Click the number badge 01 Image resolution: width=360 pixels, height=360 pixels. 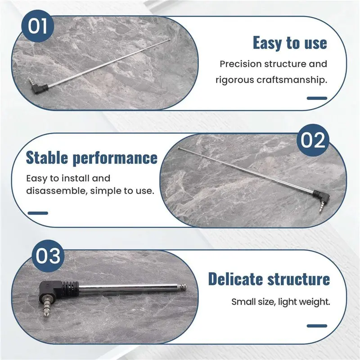click(x=37, y=26)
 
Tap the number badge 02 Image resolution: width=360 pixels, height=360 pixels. click(x=313, y=140)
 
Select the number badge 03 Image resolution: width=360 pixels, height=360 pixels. click(x=48, y=256)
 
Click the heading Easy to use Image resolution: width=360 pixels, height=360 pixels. click(x=290, y=43)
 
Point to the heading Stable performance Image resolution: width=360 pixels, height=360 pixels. click(x=92, y=158)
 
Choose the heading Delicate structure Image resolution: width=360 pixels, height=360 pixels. click(x=269, y=279)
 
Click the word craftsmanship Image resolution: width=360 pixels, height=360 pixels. click(x=292, y=80)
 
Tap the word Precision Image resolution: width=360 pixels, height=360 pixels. click(x=241, y=64)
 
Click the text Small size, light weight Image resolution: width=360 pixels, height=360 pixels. click(x=280, y=302)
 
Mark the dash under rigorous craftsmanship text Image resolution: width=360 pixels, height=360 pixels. click(x=317, y=98)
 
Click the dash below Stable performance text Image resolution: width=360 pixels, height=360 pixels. click(x=38, y=213)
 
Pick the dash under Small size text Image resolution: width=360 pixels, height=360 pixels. click(x=317, y=326)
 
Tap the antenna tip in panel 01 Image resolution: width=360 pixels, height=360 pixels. click(x=170, y=40)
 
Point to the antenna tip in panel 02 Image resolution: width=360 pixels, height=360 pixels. click(x=179, y=148)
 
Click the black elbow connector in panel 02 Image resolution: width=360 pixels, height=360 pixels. click(x=322, y=196)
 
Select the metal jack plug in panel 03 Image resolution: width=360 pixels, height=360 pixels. click(x=46, y=306)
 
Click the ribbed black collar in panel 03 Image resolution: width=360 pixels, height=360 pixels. click(x=71, y=289)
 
